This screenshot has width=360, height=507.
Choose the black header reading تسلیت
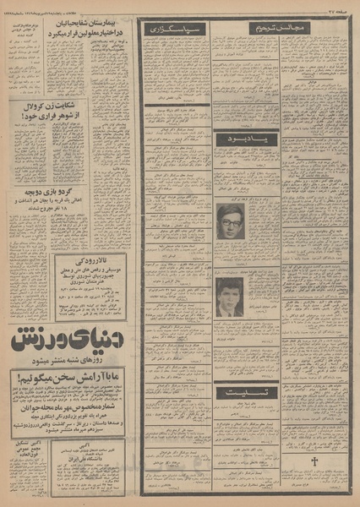[246, 393]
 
